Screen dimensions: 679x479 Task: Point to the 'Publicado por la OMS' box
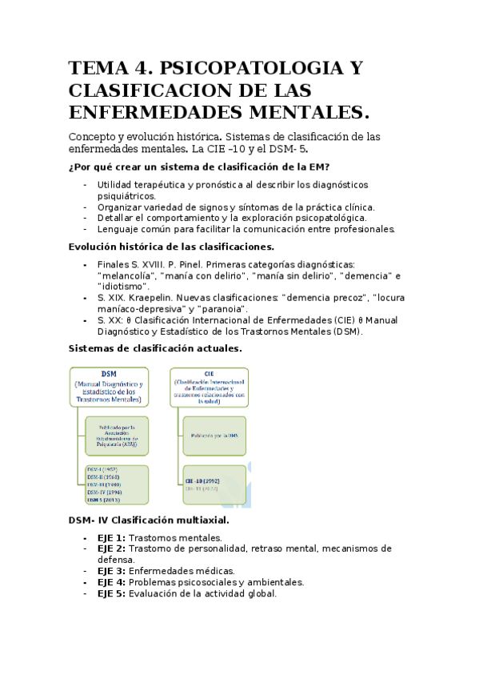[x=214, y=435]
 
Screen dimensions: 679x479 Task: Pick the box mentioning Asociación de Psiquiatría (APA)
[x=117, y=435]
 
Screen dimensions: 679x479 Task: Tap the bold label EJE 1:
[x=111, y=538]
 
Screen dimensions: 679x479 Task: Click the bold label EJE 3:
[x=111, y=572]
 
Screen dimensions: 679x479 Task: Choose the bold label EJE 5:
[x=111, y=594]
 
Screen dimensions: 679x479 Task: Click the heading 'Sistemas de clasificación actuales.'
[x=155, y=348]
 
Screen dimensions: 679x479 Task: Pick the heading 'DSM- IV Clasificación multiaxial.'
[x=150, y=520]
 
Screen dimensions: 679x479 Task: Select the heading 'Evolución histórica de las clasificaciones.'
[x=171, y=247]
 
